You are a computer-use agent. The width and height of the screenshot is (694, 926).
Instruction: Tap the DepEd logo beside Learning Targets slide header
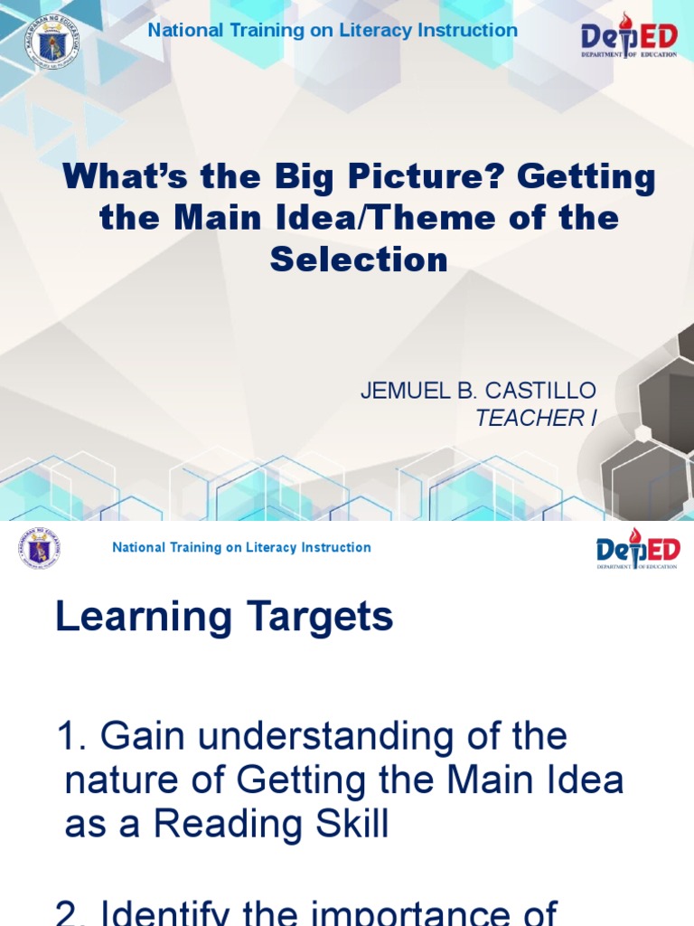pos(638,550)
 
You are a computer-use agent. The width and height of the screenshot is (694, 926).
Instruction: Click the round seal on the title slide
pos(51,38)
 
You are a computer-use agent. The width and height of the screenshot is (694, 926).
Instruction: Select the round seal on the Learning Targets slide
pos(39,549)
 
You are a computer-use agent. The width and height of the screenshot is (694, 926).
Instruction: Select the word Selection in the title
pos(359,260)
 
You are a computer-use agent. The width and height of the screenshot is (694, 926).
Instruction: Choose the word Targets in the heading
pos(320,618)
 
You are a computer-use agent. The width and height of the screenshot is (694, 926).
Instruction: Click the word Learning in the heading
pos(144,618)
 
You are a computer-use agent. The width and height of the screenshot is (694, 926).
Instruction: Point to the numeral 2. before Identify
pos(72,912)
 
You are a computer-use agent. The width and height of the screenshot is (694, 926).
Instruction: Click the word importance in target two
pos(465,912)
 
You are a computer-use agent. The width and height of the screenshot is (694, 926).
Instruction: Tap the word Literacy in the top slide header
pos(375,30)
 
